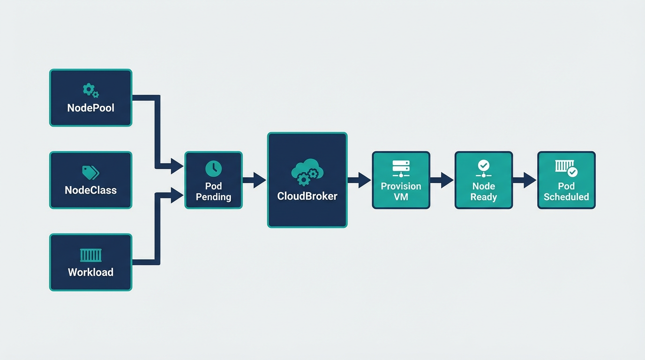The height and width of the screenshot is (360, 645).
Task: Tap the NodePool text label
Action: pos(90,108)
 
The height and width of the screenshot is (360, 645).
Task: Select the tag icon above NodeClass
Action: pos(90,172)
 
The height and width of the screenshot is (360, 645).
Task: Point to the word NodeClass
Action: pos(90,190)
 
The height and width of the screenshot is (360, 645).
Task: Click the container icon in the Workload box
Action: pos(90,255)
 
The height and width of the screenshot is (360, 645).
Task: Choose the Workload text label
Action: pos(90,272)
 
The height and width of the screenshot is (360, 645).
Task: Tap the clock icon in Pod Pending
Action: pos(213,169)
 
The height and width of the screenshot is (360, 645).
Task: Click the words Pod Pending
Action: pos(213,191)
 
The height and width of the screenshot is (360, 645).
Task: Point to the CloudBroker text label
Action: pos(307,196)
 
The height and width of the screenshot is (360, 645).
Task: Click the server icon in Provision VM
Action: pos(401,168)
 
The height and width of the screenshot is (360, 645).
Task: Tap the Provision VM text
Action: pos(401,191)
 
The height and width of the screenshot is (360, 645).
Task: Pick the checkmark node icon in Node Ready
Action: pos(483,168)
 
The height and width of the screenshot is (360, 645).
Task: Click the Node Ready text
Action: pos(483,191)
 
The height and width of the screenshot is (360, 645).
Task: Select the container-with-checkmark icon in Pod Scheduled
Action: pos(566,168)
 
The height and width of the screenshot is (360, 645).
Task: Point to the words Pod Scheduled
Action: pos(566,191)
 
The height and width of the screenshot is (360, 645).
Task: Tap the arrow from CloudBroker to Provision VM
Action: pos(360,180)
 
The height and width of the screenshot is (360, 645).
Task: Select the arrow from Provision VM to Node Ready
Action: pos(442,180)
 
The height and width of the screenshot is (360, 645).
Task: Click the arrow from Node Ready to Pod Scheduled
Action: pos(525,180)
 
